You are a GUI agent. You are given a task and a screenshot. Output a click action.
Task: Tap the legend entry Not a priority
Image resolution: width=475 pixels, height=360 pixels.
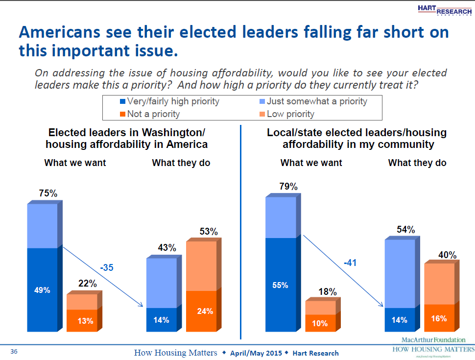(x=149, y=114)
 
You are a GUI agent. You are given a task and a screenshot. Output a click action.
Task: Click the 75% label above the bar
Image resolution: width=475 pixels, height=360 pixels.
(x=48, y=193)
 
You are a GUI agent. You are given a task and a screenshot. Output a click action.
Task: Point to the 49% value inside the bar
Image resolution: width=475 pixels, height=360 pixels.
(x=43, y=290)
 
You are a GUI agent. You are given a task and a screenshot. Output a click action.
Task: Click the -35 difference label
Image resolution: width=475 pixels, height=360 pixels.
(x=107, y=268)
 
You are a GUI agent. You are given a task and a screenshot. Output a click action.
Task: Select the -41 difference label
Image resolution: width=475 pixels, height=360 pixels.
(x=350, y=263)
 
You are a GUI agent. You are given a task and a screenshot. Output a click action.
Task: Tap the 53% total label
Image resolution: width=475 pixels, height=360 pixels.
(x=208, y=231)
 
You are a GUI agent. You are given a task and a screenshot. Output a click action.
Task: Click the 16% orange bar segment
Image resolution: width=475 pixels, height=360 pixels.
(x=439, y=318)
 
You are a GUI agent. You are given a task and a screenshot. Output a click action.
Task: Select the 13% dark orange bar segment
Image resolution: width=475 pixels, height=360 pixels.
(x=82, y=321)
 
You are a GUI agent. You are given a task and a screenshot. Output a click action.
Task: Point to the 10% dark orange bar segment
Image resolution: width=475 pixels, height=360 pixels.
(x=321, y=323)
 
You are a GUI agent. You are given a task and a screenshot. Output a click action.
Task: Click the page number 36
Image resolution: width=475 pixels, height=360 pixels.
(x=14, y=352)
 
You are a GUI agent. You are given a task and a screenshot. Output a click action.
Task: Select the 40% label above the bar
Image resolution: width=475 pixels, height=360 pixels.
(x=447, y=255)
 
